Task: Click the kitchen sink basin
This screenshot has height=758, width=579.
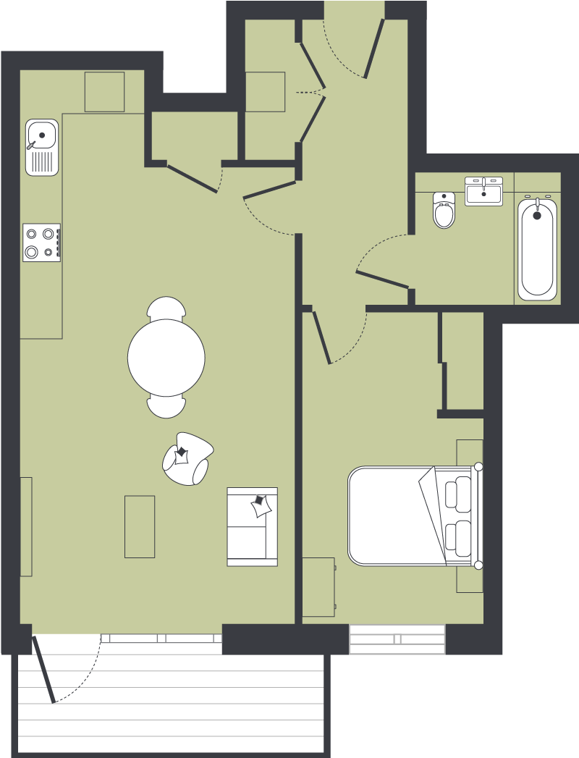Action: (x=42, y=135)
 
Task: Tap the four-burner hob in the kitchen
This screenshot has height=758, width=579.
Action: (x=41, y=243)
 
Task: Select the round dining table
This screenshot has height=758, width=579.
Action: (x=166, y=358)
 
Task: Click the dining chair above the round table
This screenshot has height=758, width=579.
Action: (x=166, y=308)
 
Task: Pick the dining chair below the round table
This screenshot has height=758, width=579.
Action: (x=166, y=407)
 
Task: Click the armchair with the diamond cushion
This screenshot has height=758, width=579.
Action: (x=186, y=458)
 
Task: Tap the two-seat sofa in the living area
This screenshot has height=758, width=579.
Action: (x=252, y=526)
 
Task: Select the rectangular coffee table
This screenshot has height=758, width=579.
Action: (x=140, y=526)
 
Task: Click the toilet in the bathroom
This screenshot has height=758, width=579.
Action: (x=444, y=211)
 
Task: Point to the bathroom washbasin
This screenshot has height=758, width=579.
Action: (x=483, y=192)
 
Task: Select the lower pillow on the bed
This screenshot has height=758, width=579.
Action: (x=459, y=537)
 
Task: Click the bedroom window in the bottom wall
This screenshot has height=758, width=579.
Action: (x=397, y=639)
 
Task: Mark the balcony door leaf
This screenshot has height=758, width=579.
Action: (x=43, y=669)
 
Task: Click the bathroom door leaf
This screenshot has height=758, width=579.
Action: (x=383, y=279)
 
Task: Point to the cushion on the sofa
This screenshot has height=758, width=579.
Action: (x=261, y=505)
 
